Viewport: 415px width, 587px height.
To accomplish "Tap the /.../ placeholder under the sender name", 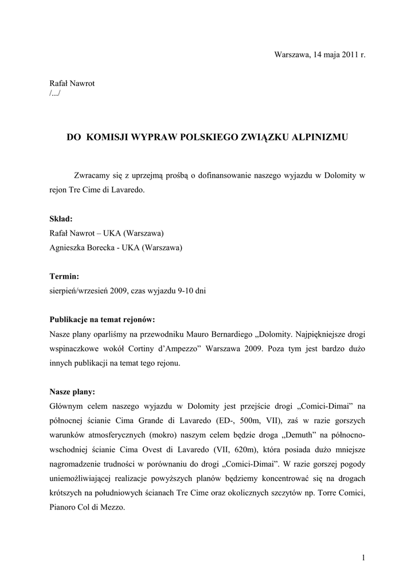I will tap(54, 93).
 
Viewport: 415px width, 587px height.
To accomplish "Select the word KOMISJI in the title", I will tap(111, 138).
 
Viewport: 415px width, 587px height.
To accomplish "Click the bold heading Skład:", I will tap(61, 218).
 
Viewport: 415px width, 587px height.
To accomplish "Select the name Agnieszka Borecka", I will tap(83, 248).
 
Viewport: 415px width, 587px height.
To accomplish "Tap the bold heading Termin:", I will tap(65, 276).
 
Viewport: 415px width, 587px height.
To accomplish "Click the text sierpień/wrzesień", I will tap(83, 291).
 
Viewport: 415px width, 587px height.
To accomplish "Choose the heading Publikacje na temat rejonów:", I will tap(102, 319).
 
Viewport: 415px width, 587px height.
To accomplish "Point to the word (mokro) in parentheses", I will tap(158, 435).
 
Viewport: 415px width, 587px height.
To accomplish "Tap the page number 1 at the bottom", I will tap(363, 558).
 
